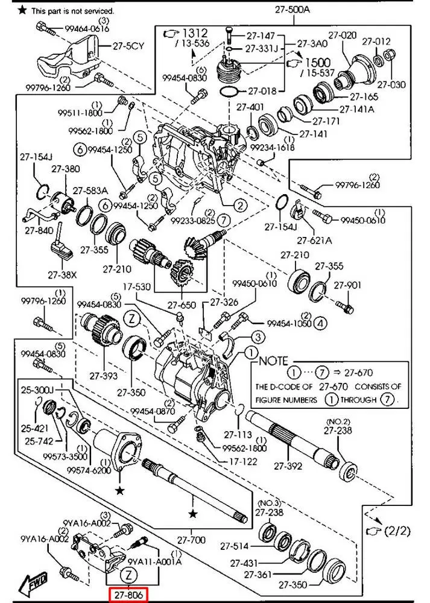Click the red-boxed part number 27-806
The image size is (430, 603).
129,595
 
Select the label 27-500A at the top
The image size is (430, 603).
292,10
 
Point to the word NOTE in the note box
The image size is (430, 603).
273,361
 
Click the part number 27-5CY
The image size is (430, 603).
128,46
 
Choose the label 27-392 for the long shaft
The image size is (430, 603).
288,466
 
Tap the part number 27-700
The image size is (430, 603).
192,540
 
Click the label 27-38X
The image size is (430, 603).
62,275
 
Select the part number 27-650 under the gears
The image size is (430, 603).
182,305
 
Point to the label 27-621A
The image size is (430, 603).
314,241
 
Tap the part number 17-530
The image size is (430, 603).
137,287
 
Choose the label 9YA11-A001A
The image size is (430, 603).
154,561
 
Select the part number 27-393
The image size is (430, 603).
104,375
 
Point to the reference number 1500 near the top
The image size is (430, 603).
318,62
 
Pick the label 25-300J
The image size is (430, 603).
37,390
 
